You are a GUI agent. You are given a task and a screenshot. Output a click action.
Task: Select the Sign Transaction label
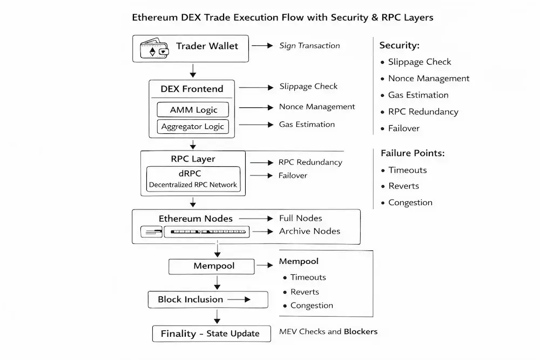pos(309,46)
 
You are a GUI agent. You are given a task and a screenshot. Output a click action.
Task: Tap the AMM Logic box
pos(193,110)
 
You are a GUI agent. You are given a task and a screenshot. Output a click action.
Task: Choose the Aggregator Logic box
pos(193,127)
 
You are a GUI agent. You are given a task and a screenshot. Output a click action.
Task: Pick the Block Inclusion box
pos(208,300)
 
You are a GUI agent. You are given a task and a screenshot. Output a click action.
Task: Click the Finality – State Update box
pos(210,334)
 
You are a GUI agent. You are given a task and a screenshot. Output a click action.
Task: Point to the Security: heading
pos(399,45)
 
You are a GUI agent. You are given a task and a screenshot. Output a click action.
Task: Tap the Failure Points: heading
pos(413,153)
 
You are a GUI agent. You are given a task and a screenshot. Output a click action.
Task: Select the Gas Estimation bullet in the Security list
pos(418,95)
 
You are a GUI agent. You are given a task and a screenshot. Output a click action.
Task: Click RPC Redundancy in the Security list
pos(423,112)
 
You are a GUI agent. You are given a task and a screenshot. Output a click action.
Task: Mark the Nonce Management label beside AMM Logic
pos(317,107)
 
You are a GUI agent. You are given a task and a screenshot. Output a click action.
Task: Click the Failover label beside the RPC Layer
pos(293,175)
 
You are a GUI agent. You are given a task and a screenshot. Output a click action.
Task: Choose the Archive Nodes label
pos(309,231)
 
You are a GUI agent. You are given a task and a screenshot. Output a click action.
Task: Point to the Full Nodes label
pos(300,218)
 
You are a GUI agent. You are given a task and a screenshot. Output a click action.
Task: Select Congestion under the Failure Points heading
pos(410,202)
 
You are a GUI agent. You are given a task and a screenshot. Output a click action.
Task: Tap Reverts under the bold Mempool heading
pos(305,291)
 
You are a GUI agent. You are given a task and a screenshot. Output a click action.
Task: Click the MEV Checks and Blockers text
pos(328,331)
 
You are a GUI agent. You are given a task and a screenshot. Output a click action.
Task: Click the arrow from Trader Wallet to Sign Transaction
pos(262,46)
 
